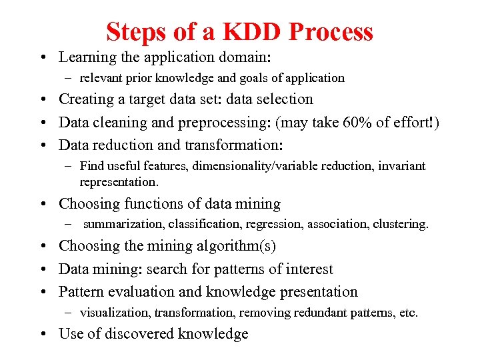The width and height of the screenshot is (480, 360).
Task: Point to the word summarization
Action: tap(124, 224)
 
